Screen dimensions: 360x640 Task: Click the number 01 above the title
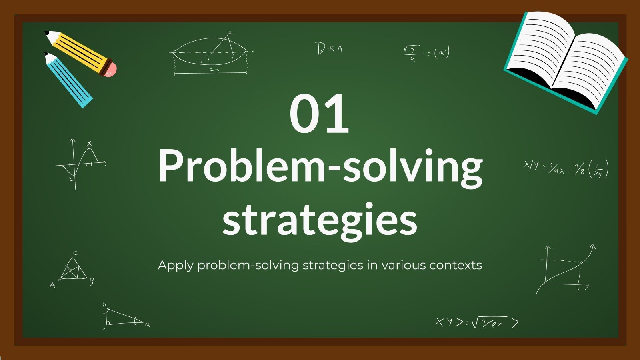(319, 114)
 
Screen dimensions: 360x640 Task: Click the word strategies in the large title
(320, 219)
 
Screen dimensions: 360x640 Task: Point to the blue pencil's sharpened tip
(47, 55)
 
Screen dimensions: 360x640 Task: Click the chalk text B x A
(329, 48)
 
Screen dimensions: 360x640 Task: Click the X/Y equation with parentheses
(566, 169)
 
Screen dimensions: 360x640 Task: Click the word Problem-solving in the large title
(320, 166)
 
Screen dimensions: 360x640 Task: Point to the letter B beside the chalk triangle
(91, 282)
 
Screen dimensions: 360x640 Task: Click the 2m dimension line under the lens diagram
(211, 73)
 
